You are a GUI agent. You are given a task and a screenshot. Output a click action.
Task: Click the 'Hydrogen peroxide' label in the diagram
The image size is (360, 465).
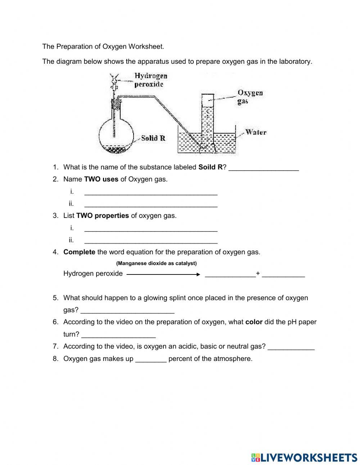click(150, 80)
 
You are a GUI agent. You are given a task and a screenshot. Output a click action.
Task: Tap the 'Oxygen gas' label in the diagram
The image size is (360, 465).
click(249, 97)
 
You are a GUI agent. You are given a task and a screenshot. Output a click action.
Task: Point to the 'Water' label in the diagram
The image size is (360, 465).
click(256, 132)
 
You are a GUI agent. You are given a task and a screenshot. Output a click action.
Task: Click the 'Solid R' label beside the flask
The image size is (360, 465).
click(153, 138)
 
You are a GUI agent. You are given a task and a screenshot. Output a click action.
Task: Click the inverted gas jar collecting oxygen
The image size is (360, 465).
click(207, 115)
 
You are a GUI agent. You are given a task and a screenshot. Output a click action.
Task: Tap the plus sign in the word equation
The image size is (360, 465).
click(258, 273)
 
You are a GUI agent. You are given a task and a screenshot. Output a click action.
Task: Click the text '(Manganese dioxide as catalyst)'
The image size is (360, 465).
click(156, 263)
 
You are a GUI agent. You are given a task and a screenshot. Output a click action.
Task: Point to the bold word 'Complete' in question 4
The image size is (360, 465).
click(79, 252)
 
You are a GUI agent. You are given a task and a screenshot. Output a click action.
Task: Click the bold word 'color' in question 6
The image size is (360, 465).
click(254, 322)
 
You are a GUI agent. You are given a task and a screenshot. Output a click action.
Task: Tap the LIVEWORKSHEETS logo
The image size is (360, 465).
click(304, 457)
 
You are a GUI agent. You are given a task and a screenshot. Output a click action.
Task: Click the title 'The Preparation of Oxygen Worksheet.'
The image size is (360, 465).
click(103, 46)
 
